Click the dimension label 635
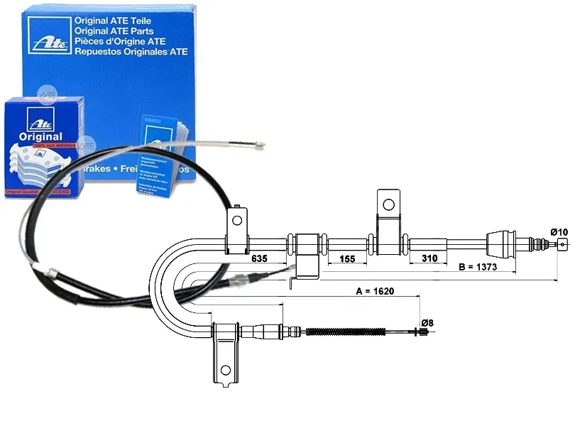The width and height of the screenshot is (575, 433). [259, 259]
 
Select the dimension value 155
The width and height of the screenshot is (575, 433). [346, 259]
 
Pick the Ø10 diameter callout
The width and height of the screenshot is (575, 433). [559, 231]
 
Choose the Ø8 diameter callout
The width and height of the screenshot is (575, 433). [427, 323]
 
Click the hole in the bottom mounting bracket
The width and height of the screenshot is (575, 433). [225, 371]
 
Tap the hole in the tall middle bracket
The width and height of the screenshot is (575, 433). [388, 204]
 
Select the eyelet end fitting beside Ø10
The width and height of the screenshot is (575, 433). [563, 245]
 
